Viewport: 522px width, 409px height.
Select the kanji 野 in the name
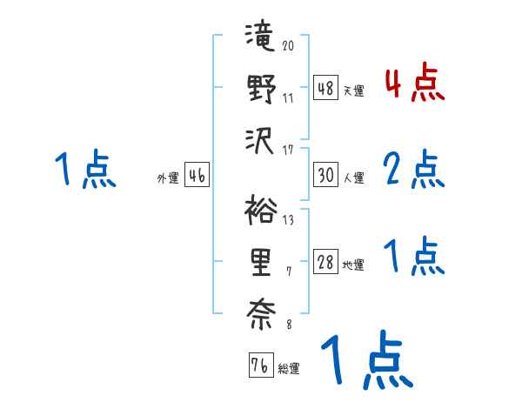pyautogui.click(x=260, y=90)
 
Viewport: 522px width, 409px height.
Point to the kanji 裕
pyautogui.click(x=260, y=211)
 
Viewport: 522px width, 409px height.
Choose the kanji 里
pyautogui.click(x=260, y=262)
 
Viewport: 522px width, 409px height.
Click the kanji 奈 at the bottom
pyautogui.click(x=260, y=312)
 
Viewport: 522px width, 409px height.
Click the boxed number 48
pyautogui.click(x=326, y=89)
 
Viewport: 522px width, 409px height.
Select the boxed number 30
pyautogui.click(x=326, y=176)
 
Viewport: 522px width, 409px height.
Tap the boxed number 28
pyautogui.click(x=326, y=263)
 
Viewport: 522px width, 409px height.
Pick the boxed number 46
pyautogui.click(x=197, y=176)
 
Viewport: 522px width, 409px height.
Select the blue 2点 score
pyautogui.click(x=414, y=170)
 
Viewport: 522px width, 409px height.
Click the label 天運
pyautogui.click(x=353, y=91)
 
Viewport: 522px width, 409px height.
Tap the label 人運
pyautogui.click(x=353, y=178)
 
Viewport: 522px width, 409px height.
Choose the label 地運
pyautogui.click(x=353, y=265)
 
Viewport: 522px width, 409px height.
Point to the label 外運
pyautogui.click(x=168, y=178)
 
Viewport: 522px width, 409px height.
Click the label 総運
pyautogui.click(x=289, y=368)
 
